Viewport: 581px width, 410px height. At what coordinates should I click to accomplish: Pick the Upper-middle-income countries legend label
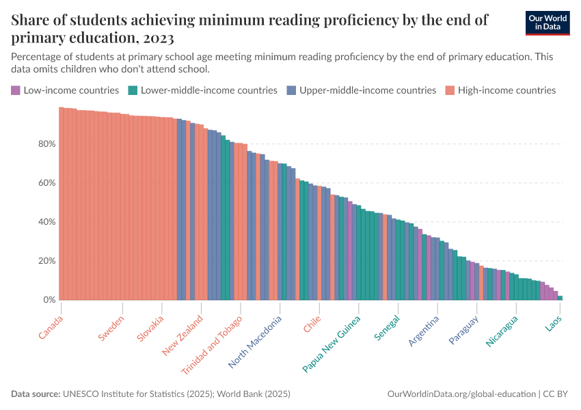point(367,90)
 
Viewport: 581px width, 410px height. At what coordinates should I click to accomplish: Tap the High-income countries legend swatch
point(450,90)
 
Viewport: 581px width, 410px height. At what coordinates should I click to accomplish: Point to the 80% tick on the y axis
point(46,143)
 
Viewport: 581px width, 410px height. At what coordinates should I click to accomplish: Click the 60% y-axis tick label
point(46,182)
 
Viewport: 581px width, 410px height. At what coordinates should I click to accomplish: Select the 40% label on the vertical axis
point(46,221)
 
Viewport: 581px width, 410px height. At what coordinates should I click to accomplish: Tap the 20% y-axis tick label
point(46,260)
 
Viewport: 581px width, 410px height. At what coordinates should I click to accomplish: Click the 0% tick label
point(49,300)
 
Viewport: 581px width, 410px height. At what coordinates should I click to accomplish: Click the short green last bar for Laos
point(560,298)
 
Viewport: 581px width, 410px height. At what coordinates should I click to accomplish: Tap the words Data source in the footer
point(36,394)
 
